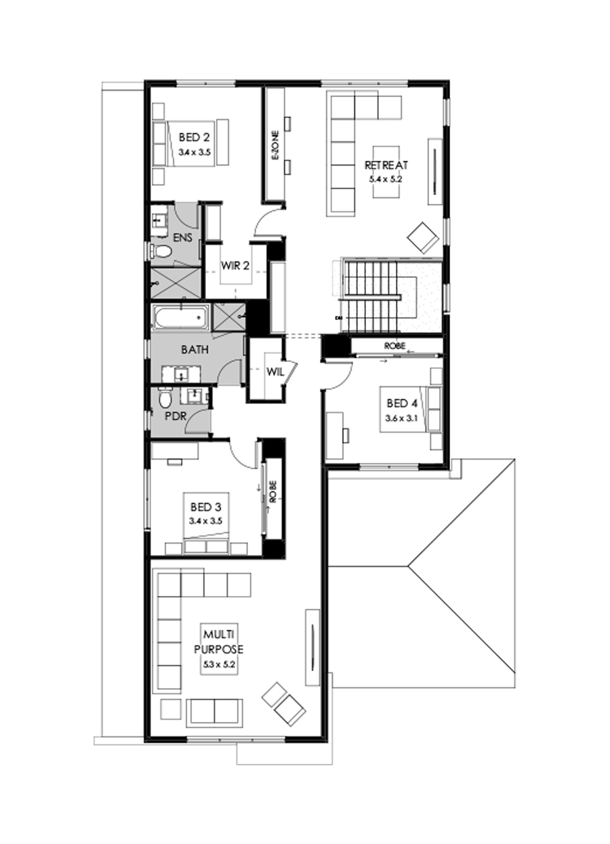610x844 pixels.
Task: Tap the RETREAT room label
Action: pyautogui.click(x=385, y=165)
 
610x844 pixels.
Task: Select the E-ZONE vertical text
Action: pyautogui.click(x=275, y=145)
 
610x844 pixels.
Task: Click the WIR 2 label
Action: pyautogui.click(x=235, y=266)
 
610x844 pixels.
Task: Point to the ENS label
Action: pyautogui.click(x=182, y=237)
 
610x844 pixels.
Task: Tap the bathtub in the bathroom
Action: pyautogui.click(x=180, y=317)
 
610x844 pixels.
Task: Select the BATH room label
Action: pyautogui.click(x=195, y=350)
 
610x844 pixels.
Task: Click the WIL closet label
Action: pyautogui.click(x=274, y=372)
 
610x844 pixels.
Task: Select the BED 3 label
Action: pyautogui.click(x=205, y=506)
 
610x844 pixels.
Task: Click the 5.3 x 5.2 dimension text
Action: pyautogui.click(x=219, y=666)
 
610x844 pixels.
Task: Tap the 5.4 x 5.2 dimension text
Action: pyautogui.click(x=385, y=180)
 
